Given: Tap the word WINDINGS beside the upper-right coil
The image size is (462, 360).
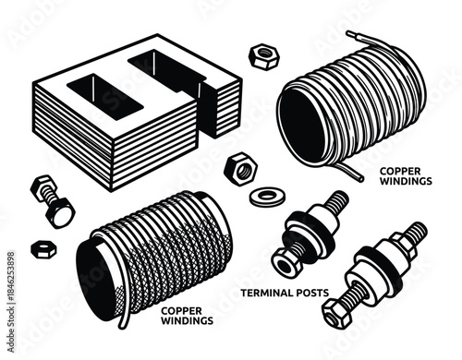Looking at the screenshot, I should click(404, 183).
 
